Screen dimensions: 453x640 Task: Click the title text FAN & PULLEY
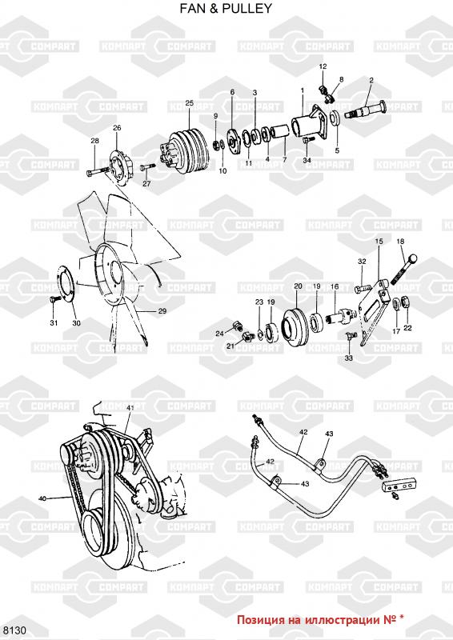tap(226, 8)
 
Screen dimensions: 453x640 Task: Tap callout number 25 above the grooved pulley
tap(189, 103)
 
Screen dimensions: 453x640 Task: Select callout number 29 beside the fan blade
tap(162, 311)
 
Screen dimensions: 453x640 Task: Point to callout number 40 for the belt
tap(42, 498)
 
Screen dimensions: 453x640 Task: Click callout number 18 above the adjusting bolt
tap(400, 242)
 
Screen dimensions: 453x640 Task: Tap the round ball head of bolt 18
tap(412, 258)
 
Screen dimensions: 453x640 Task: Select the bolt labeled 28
tap(97, 171)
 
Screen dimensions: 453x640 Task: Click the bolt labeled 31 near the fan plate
tap(54, 300)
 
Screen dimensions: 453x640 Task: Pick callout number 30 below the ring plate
tap(76, 323)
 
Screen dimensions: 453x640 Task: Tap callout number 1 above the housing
tap(303, 90)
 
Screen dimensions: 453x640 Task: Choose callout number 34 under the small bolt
tap(307, 161)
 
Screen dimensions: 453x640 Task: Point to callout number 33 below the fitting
tap(349, 358)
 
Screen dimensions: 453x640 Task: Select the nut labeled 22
tap(407, 302)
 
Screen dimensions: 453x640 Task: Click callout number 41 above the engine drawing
tap(130, 408)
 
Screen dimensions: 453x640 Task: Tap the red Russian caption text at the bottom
tap(321, 619)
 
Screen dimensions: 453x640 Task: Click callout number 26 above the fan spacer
tap(117, 128)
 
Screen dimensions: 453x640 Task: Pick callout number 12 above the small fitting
tap(323, 66)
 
